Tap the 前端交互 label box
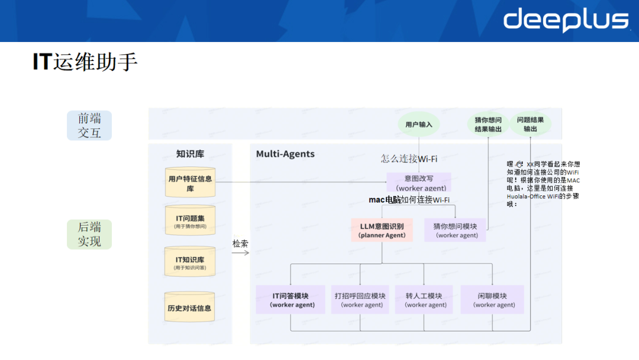89,126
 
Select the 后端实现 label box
89,234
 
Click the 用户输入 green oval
419,124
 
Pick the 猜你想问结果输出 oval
488,124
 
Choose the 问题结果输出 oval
531,124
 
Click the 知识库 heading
190,154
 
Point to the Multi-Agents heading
285,154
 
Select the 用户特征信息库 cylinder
190,183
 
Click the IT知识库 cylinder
190,262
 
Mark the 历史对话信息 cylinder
190,308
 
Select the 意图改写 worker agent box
419,182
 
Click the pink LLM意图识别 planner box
382,230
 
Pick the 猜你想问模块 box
455,230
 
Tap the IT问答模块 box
291,300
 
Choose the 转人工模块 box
424,300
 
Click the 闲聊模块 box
493,300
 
